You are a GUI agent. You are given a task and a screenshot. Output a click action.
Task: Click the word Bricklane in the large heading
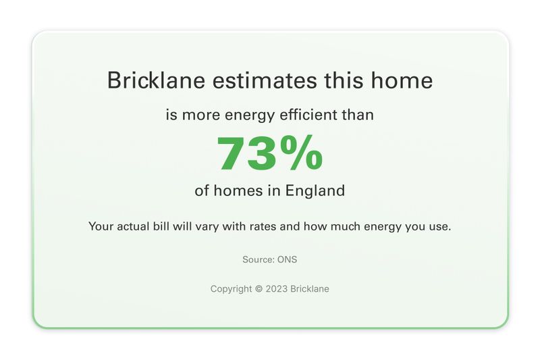click(156, 80)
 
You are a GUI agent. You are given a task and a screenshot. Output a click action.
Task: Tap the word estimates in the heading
click(265, 80)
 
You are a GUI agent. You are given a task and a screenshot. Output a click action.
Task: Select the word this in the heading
click(344, 80)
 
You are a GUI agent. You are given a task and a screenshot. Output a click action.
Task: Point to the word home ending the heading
click(402, 80)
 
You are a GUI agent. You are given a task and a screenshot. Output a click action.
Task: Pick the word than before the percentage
click(358, 115)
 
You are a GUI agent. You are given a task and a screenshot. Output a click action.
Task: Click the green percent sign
click(301, 153)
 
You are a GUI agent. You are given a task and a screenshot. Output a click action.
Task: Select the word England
click(315, 191)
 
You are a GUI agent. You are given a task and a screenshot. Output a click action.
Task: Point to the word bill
click(161, 226)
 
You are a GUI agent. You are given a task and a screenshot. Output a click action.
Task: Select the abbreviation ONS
click(288, 259)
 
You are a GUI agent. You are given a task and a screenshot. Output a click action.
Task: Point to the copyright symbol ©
click(259, 288)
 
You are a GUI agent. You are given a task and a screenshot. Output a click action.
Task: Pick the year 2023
click(277, 288)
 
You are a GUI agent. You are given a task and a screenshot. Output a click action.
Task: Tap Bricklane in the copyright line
click(310, 288)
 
